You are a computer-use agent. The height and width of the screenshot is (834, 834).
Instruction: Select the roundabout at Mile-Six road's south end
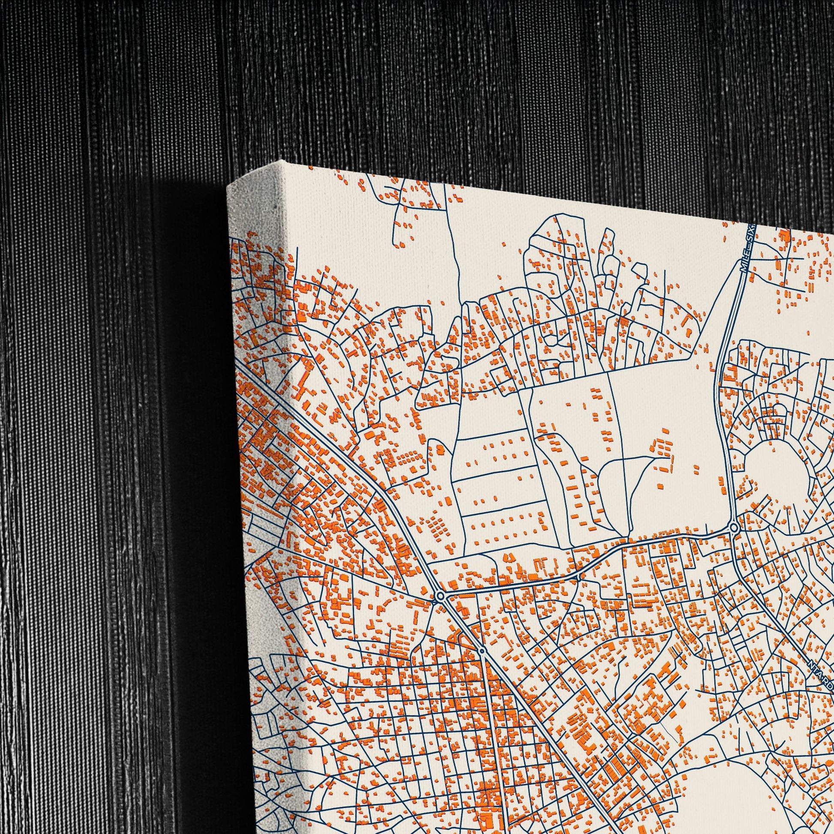(x=733, y=528)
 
